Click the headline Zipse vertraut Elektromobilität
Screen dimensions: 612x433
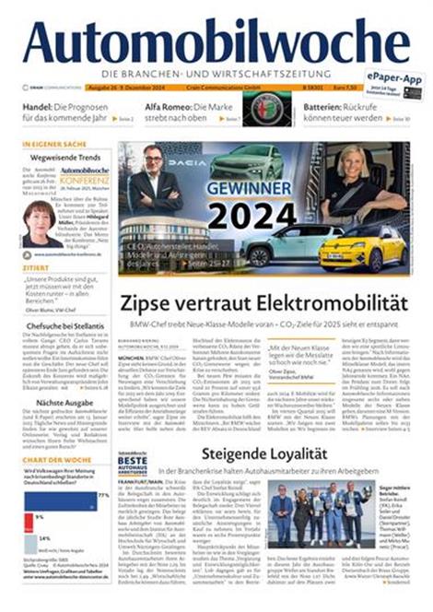[263, 301]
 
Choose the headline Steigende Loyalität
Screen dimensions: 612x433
[273, 453]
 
